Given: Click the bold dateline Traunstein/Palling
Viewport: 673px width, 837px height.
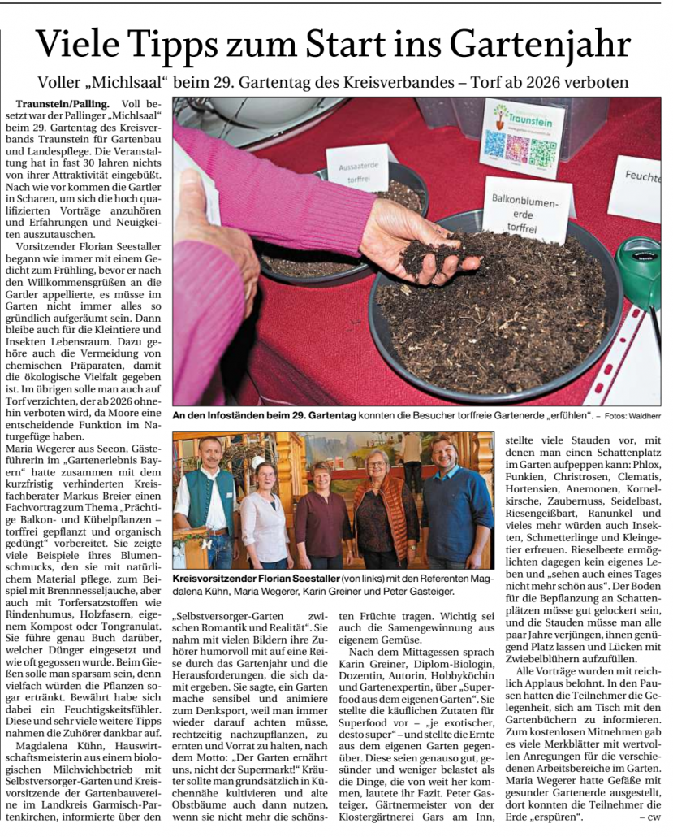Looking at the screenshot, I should coord(63,105).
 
